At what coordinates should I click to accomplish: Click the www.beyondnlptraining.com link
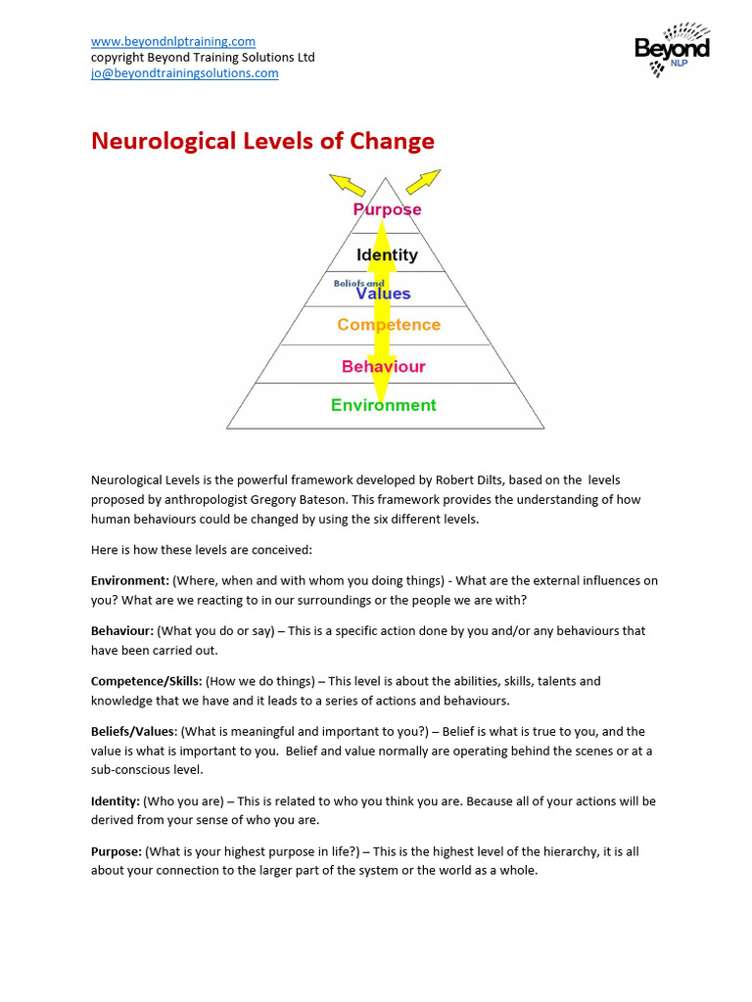172,41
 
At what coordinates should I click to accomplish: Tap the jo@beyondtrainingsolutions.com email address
184,73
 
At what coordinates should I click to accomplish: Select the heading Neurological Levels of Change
262,141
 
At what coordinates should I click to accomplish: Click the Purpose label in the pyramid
387,208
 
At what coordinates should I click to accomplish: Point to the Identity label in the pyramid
387,254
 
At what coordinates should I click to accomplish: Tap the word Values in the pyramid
383,294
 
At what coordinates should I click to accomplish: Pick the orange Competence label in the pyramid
389,325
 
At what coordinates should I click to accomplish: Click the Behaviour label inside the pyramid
383,366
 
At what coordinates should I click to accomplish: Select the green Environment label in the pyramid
383,405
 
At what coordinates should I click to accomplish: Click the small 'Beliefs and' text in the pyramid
358,283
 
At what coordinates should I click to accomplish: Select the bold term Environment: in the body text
129,580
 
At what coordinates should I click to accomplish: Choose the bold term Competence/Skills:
139,680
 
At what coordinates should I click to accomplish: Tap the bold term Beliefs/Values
133,731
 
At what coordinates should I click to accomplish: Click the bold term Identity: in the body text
116,800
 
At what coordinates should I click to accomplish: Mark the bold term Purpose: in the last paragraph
117,851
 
